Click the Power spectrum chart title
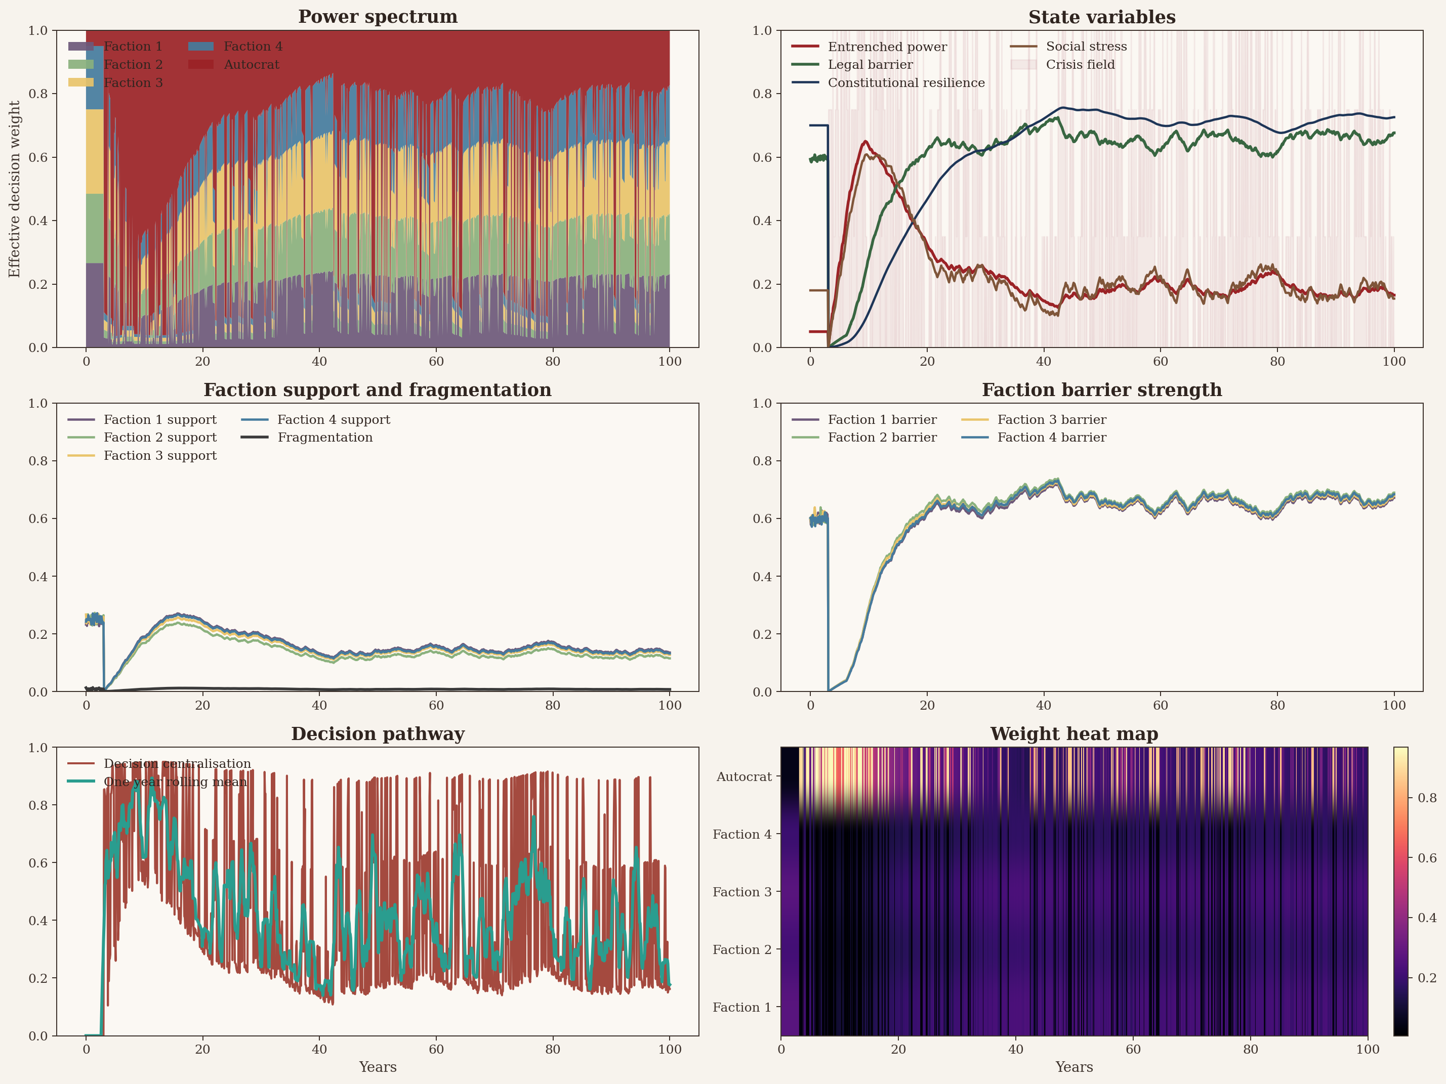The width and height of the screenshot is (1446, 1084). (x=378, y=17)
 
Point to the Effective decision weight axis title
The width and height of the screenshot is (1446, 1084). (x=14, y=189)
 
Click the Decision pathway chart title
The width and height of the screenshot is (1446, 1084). (x=378, y=734)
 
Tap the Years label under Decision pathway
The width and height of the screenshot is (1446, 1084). (x=378, y=1067)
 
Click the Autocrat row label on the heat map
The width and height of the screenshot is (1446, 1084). (x=743, y=777)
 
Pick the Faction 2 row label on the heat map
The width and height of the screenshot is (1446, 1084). (x=741, y=949)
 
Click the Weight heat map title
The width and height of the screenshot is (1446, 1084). (x=1074, y=734)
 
